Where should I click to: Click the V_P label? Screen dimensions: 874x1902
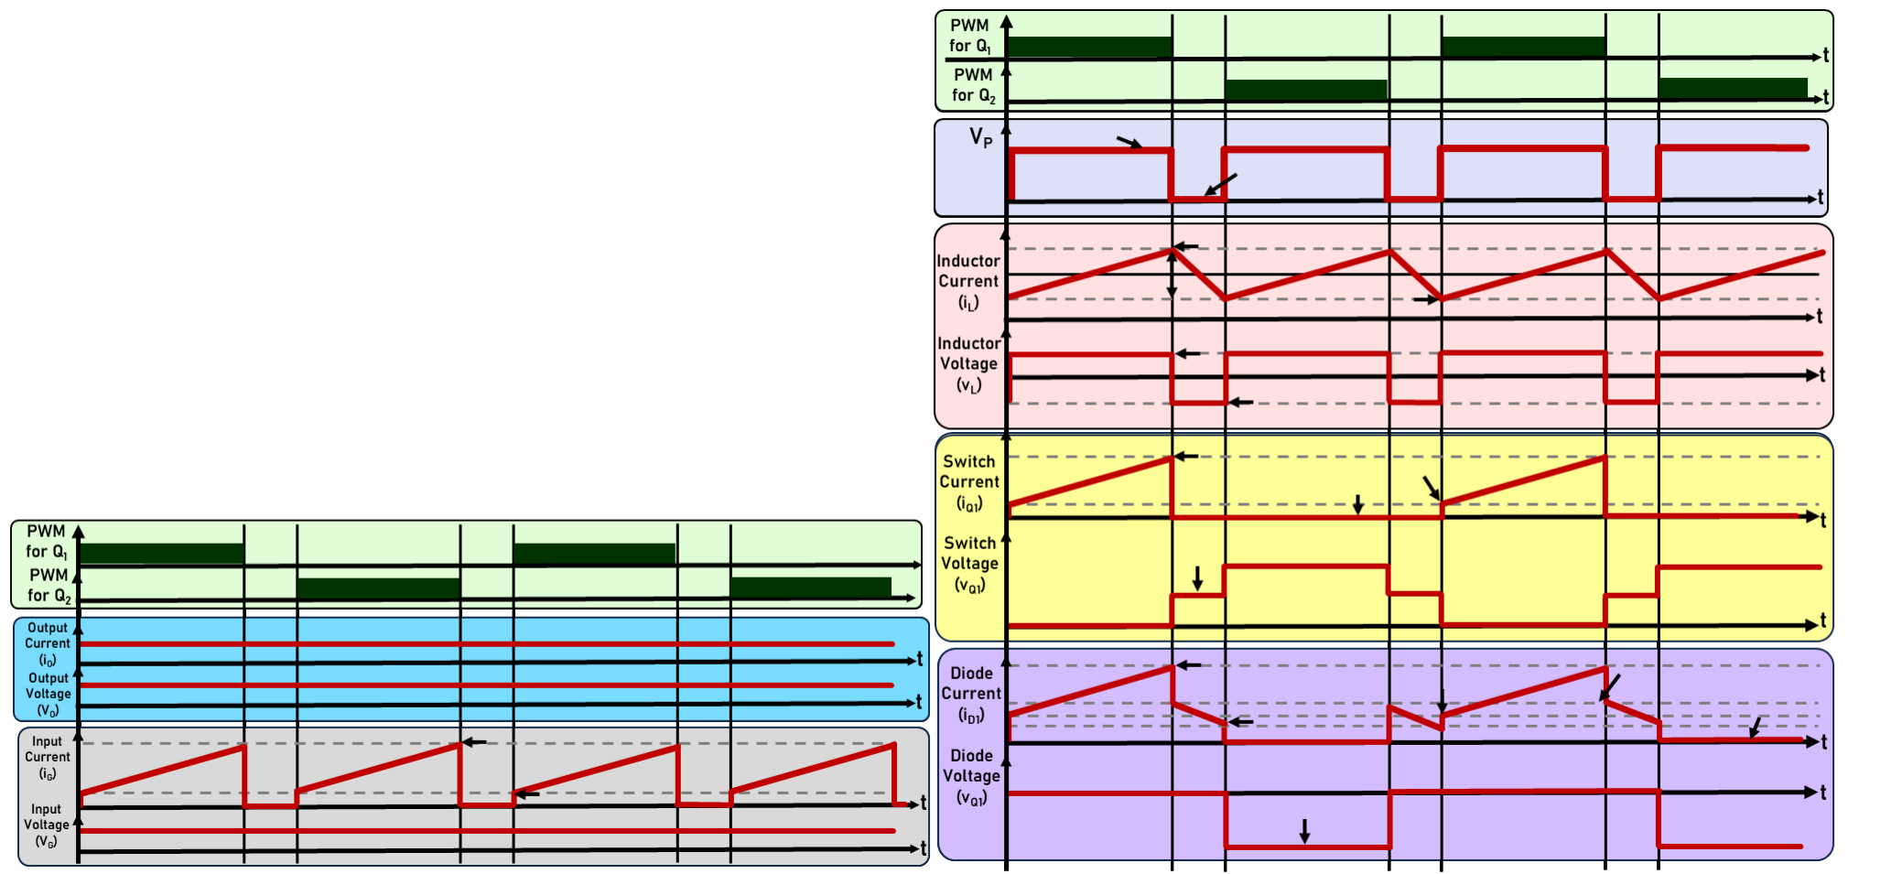tap(980, 138)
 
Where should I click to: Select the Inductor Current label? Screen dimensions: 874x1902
tap(968, 281)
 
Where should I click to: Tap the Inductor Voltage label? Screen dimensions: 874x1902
tap(968, 363)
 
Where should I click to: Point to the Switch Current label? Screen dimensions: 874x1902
tap(969, 481)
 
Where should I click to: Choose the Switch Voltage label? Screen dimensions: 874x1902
tap(969, 563)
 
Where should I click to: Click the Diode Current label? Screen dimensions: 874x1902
tap(971, 693)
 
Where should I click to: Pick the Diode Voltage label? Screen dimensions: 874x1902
tap(971, 775)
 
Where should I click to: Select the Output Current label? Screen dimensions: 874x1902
tap(48, 643)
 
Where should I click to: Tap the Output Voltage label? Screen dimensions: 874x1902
tap(49, 694)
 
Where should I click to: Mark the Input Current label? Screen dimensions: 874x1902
tap(48, 757)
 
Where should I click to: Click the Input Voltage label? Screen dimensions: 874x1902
tap(47, 825)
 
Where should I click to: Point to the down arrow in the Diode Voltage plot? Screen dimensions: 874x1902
tap(1305, 831)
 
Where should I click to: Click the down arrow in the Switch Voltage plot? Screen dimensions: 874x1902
tap(1197, 578)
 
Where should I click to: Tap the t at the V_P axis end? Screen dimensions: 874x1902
tap(1821, 198)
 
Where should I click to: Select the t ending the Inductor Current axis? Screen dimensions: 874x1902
tap(1820, 317)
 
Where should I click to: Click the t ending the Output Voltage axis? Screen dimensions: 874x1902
tap(919, 702)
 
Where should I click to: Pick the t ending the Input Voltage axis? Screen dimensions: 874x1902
tap(924, 848)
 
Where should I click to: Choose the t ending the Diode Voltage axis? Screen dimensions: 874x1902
tap(1823, 793)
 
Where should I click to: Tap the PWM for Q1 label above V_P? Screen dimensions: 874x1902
tap(970, 36)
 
